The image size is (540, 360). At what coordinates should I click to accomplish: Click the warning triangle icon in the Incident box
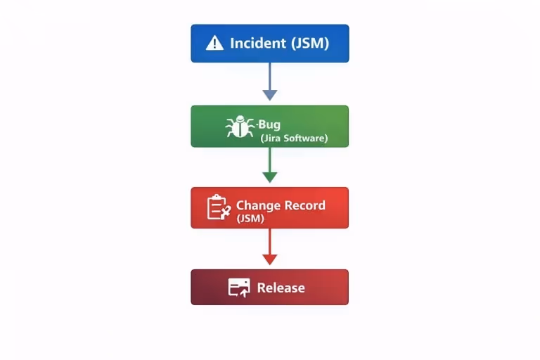214,44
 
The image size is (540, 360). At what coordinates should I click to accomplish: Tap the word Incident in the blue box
259,44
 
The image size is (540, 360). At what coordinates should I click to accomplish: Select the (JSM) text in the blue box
310,44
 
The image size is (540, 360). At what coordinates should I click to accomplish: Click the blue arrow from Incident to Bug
269,77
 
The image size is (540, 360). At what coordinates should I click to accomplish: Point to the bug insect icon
239,127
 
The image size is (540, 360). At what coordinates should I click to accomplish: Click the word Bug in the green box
269,125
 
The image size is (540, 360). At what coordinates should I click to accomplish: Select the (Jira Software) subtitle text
294,139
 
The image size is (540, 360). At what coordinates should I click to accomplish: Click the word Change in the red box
257,205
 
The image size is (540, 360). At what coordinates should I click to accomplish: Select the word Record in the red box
304,205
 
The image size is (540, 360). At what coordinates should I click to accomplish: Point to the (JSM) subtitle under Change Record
250,219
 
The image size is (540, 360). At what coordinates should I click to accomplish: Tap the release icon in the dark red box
239,287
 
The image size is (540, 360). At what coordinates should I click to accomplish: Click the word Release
281,288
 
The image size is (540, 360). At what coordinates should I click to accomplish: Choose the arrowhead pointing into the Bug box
269,95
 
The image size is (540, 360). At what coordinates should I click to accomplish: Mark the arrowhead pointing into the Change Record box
269,177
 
